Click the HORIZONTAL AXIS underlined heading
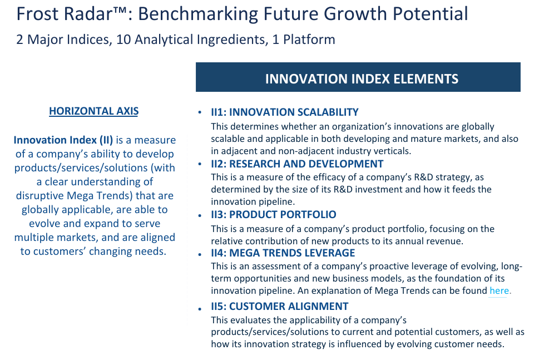click(93, 111)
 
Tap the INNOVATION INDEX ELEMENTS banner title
click(362, 78)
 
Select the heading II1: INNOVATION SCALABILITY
click(285, 112)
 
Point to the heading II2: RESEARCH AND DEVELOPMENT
click(297, 164)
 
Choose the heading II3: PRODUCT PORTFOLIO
click(274, 214)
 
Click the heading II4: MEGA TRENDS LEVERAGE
click(283, 253)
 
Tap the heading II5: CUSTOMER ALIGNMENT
click(280, 306)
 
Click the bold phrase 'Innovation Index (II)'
click(63, 140)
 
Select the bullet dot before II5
click(200, 309)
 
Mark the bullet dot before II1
click(200, 112)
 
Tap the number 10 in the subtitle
click(123, 40)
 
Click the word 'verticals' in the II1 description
click(393, 151)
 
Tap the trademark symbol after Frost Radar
click(120, 10)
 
